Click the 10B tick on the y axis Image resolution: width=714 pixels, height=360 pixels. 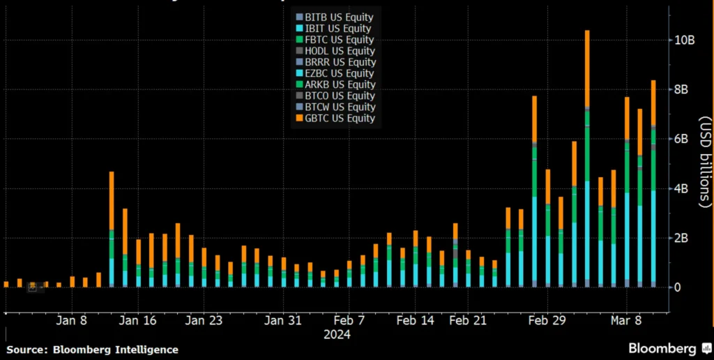[x=683, y=40]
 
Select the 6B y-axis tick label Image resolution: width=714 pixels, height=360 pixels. [x=681, y=139]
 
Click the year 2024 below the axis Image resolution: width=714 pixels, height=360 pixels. [x=336, y=334]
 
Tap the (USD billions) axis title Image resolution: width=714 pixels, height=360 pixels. [x=704, y=160]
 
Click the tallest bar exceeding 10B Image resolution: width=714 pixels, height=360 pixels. [x=587, y=160]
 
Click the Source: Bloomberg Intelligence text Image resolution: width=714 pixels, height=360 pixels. [x=92, y=350]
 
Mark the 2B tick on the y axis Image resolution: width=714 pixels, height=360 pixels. [x=681, y=237]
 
